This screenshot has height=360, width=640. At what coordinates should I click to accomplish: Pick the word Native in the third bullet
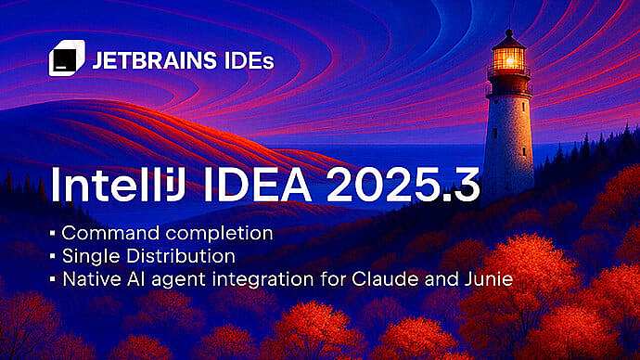click(x=86, y=276)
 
